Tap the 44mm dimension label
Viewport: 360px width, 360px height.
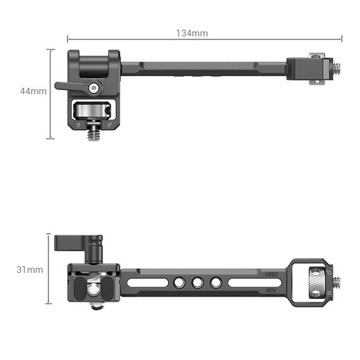33,91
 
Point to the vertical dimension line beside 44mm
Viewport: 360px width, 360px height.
51,91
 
